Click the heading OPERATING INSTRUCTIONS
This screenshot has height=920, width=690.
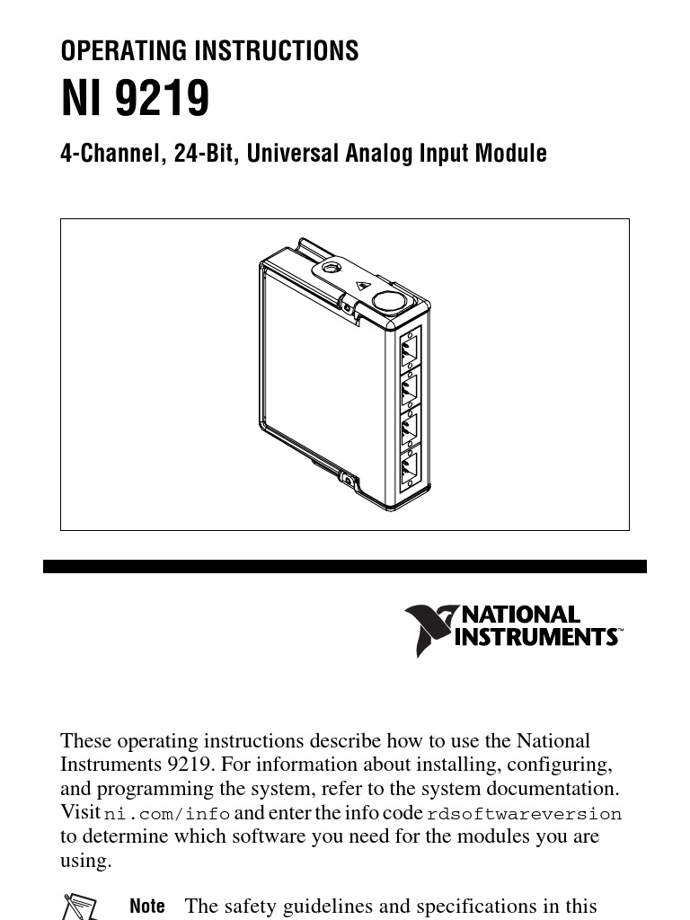209,51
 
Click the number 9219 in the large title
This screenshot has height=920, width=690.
163,99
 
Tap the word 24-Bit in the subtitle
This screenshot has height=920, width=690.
206,154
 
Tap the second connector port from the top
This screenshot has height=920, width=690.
410,389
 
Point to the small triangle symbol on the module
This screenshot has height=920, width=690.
362,286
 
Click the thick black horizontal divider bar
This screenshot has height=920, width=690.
345,567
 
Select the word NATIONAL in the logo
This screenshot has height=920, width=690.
521,615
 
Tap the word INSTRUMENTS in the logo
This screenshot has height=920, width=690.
537,637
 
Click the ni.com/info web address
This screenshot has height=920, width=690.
167,814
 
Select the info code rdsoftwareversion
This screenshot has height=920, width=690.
524,814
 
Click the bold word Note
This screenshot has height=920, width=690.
147,907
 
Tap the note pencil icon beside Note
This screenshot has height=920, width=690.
80,906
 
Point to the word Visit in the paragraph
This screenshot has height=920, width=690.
79,813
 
